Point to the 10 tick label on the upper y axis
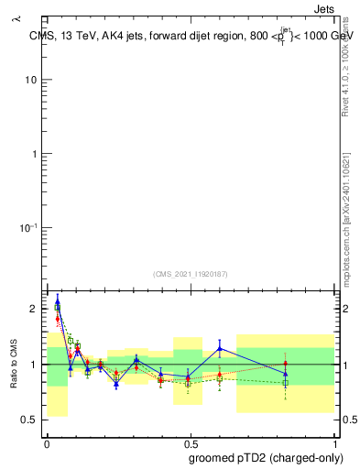click(x=30, y=80)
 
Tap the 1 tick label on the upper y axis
click(x=33, y=154)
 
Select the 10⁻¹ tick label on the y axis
click(x=27, y=227)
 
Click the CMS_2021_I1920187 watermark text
click(x=190, y=274)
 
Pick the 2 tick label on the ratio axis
click(x=33, y=309)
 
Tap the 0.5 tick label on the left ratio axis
click(x=28, y=420)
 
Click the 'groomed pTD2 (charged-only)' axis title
click(x=266, y=456)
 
